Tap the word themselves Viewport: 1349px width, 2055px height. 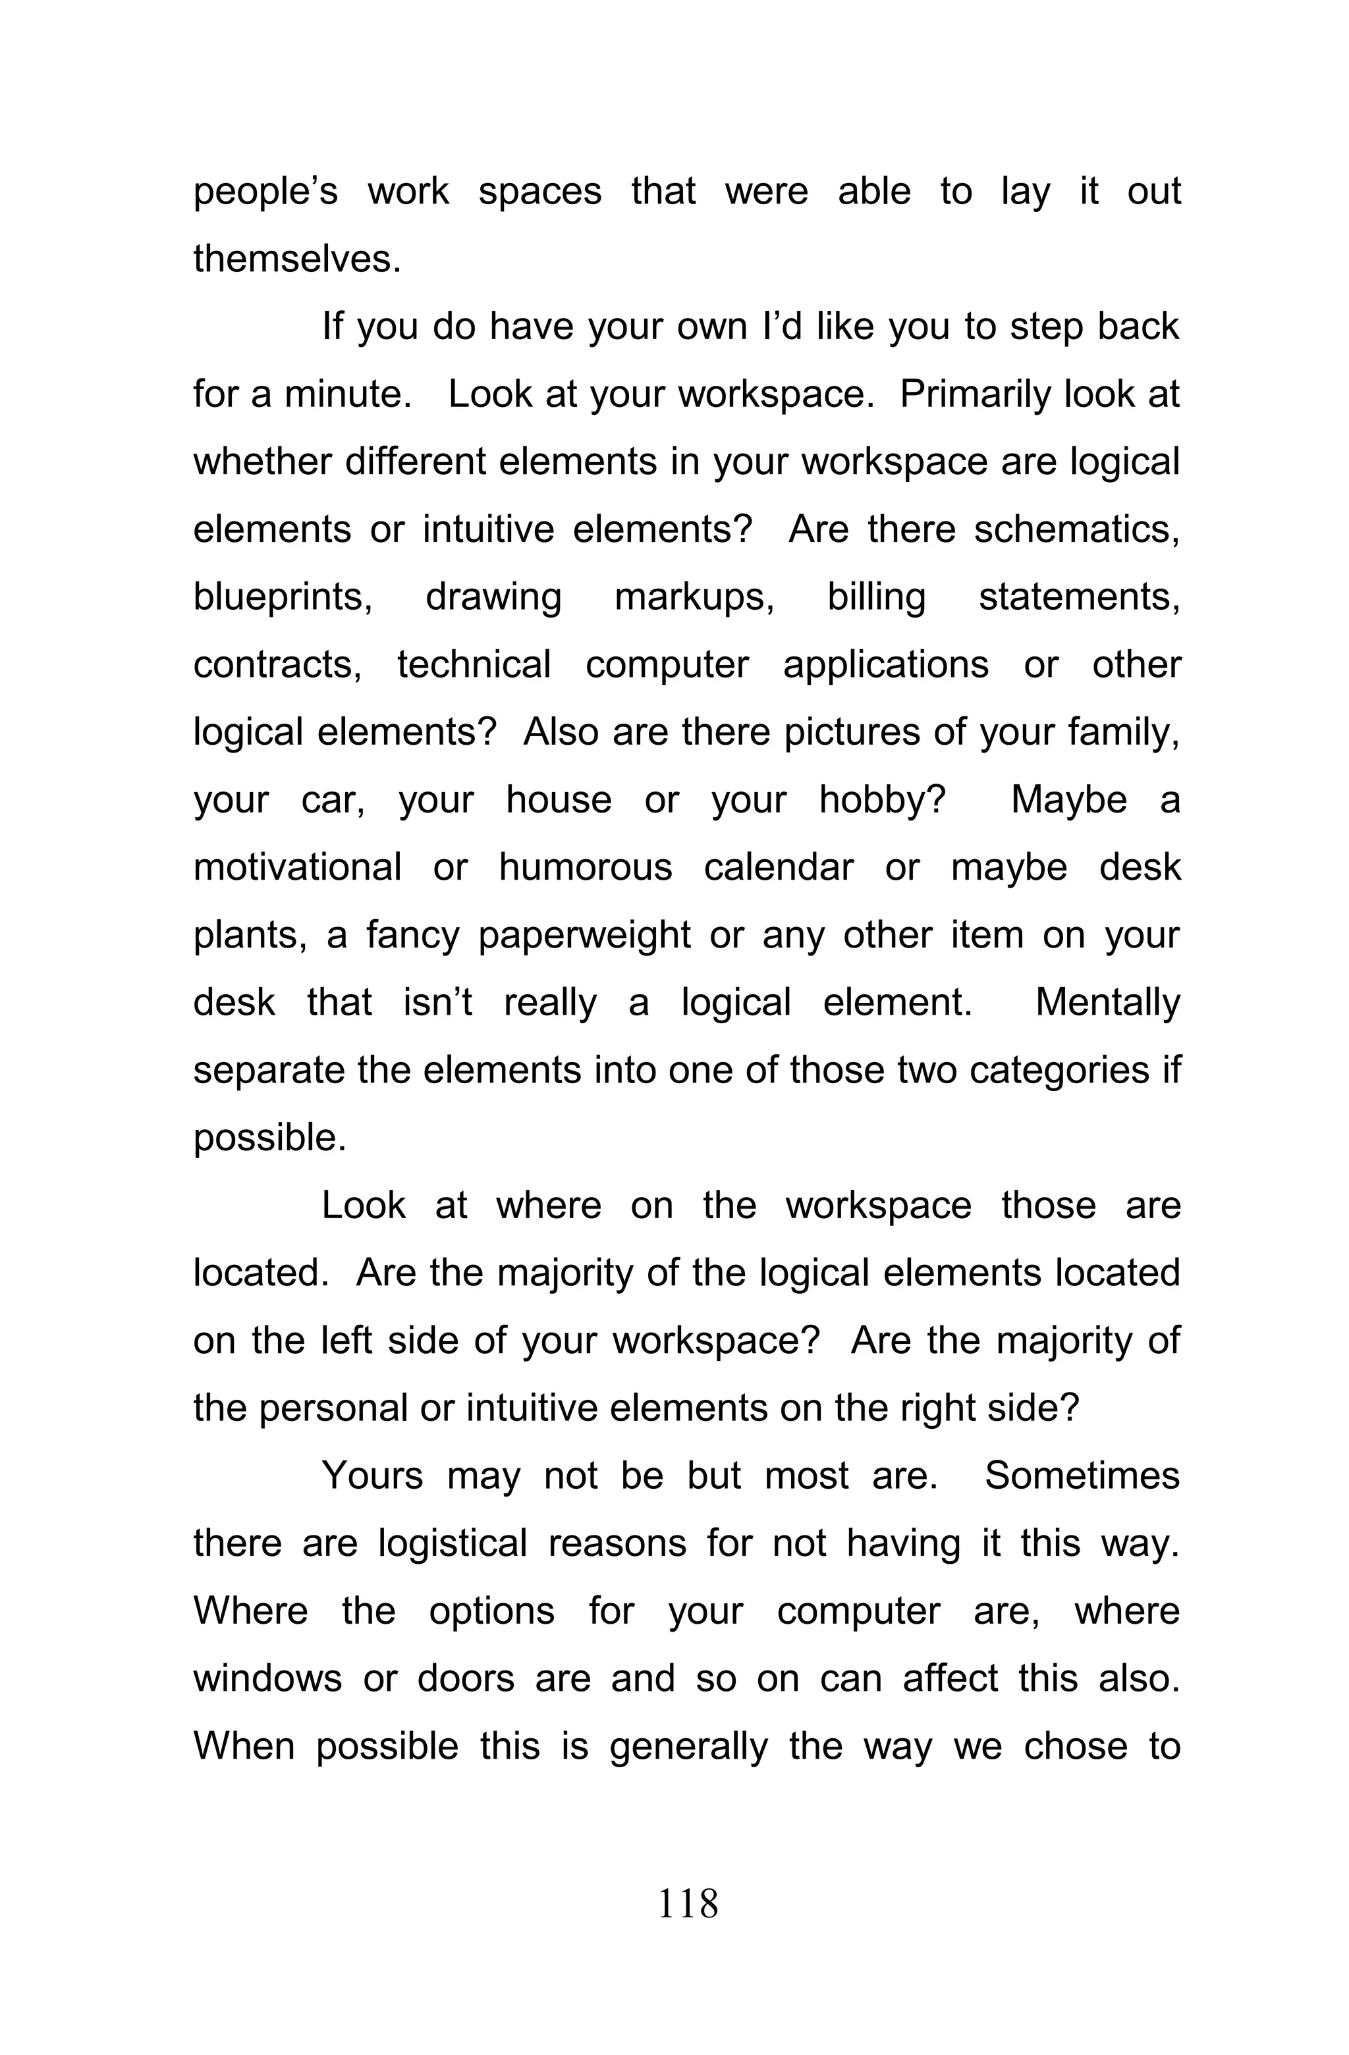tap(296, 259)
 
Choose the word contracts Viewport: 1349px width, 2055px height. tap(277, 665)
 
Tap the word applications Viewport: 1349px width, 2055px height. tap(885, 665)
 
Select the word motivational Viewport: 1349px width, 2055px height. tap(297, 867)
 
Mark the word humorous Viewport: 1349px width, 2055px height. tap(585, 867)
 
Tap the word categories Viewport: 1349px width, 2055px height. tap(1059, 1071)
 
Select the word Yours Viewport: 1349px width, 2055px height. tap(372, 1476)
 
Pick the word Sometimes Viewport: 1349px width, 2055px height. tap(1082, 1476)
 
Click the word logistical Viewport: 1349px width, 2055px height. tap(452, 1544)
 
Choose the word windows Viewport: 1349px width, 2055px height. tap(267, 1678)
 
